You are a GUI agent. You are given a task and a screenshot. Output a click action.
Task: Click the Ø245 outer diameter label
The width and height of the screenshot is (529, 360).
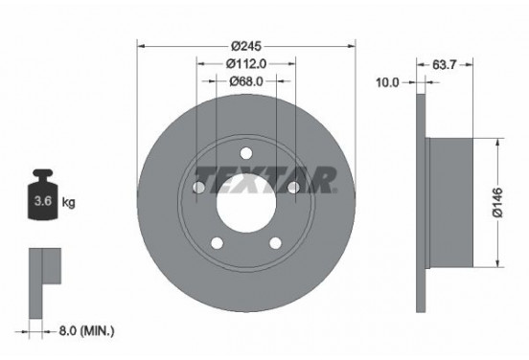point(246,45)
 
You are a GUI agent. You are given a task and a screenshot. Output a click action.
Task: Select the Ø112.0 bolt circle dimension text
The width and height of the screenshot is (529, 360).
point(246,63)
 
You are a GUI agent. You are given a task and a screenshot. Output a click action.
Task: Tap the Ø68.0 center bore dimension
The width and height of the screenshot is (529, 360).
point(246,81)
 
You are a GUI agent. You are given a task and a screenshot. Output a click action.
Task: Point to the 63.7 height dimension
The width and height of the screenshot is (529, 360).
point(443,65)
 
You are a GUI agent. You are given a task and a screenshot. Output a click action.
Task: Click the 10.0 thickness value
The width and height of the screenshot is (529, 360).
point(387,82)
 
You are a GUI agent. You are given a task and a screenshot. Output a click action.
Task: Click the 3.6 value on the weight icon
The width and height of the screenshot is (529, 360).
point(43,202)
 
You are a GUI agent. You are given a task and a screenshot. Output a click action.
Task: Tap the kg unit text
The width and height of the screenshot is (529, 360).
point(68,202)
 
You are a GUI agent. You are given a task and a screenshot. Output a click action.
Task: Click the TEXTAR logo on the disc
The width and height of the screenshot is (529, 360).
point(264,178)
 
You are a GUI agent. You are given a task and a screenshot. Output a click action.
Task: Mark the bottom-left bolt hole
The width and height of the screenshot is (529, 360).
point(218,242)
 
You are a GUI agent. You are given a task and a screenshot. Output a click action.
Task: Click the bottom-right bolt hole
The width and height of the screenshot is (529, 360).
point(275,242)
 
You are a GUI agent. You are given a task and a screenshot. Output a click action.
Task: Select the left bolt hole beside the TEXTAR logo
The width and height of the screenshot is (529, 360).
point(200,188)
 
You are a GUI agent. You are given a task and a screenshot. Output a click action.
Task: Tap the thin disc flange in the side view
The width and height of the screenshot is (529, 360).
point(422,203)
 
